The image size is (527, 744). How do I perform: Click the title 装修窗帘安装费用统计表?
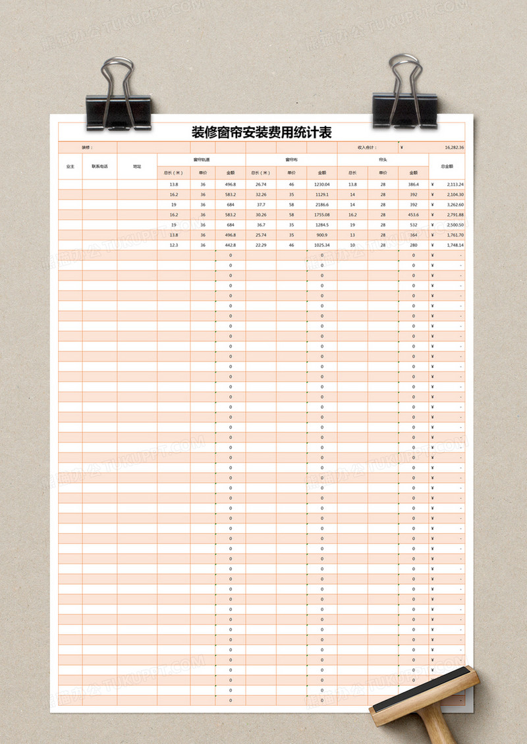coord(262,132)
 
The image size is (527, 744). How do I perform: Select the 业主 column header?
coord(70,167)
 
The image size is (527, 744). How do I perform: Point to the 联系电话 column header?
coord(100,167)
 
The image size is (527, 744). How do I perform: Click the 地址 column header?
coord(137,167)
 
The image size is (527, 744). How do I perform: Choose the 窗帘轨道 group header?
coord(201,159)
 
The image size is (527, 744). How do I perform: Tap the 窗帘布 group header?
coord(291,159)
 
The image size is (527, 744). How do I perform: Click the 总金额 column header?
coord(447,167)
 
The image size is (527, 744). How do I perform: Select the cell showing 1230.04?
coord(321,184)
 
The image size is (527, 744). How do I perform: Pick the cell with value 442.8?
coord(231,245)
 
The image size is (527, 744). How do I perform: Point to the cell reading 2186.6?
coord(322,205)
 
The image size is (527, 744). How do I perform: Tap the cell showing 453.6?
coord(413,215)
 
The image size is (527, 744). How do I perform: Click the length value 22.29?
coord(261,245)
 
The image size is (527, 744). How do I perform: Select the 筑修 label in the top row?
coord(88,147)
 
